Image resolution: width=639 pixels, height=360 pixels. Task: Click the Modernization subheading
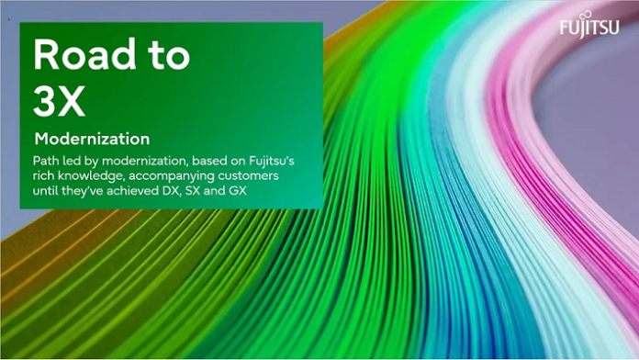coord(91,140)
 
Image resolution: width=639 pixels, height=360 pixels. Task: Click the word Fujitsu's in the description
coord(290,161)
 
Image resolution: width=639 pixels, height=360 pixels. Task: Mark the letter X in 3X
coord(72,103)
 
